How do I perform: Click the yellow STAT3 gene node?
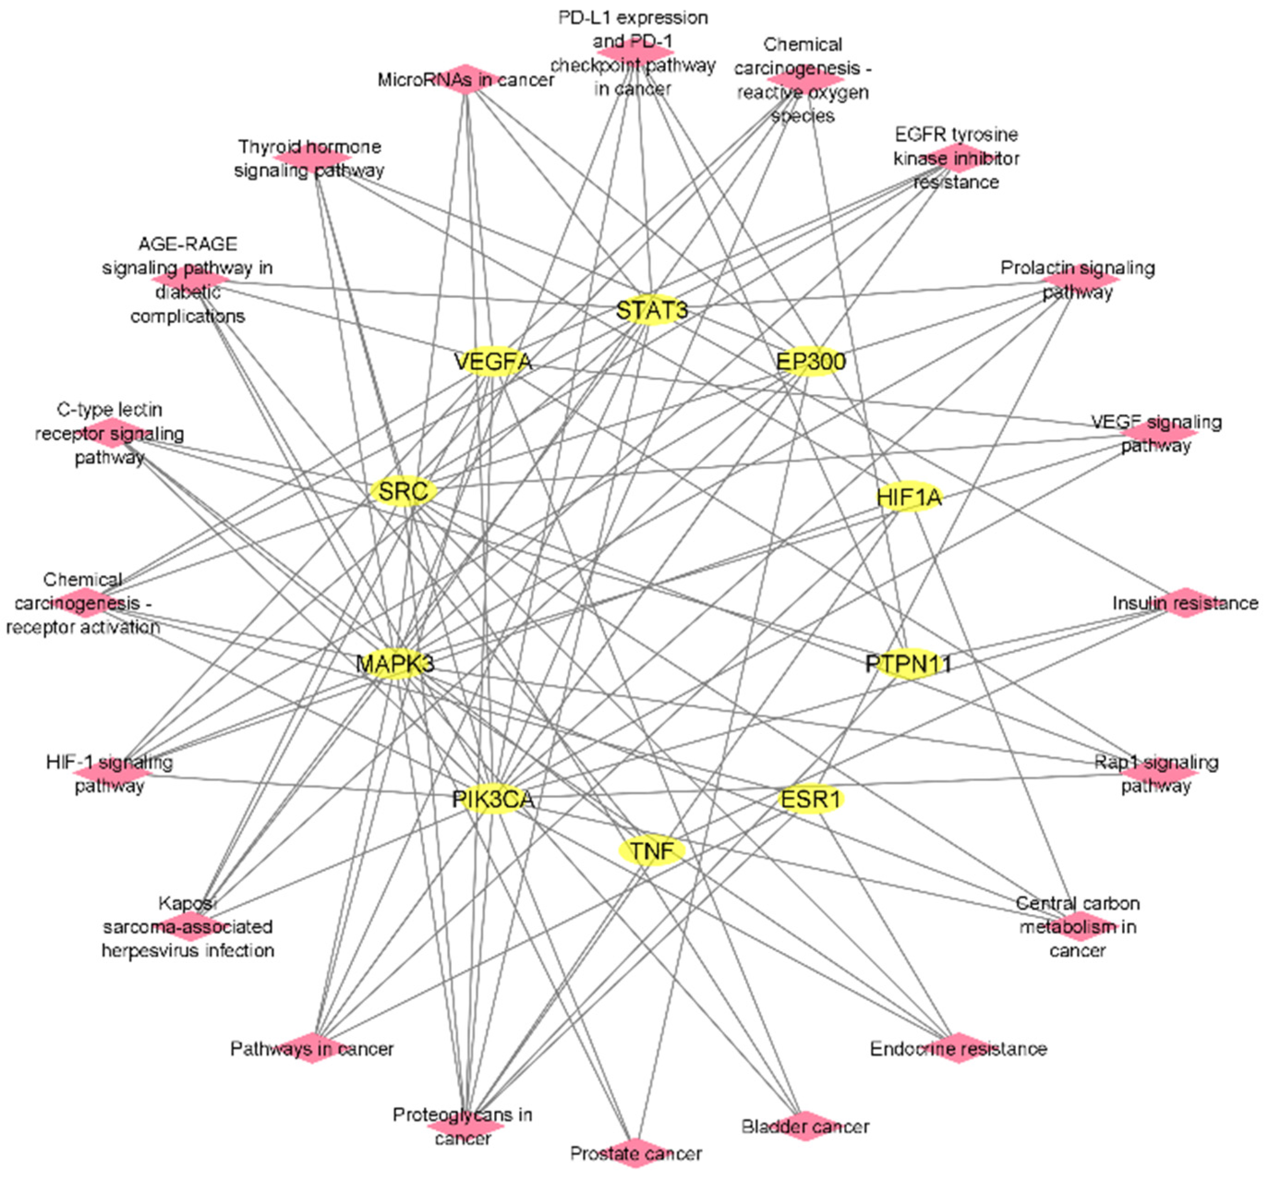pos(651,311)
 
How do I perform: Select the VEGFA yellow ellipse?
pos(493,362)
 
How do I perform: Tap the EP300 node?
pos(811,362)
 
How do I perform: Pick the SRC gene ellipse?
pos(403,491)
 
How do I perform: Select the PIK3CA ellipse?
pos(493,798)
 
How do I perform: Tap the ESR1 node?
pos(811,798)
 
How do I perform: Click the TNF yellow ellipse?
pos(651,850)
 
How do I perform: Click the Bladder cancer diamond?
pos(805,1126)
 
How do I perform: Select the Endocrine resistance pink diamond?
pos(958,1048)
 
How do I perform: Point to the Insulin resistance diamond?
pos(1185,603)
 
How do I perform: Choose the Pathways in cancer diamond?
pos(312,1048)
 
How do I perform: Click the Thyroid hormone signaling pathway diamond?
pos(312,156)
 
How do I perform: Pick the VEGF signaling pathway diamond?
pos(1158,432)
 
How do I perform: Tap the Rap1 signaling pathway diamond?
pos(1158,773)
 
